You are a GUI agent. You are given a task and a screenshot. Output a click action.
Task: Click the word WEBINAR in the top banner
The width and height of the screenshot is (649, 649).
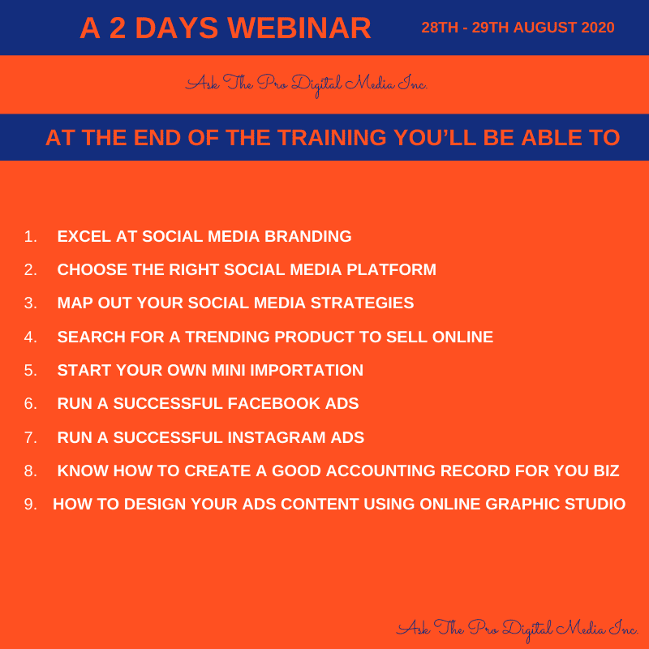pos(299,28)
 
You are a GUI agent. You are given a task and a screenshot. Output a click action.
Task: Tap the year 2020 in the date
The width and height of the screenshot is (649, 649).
pos(598,28)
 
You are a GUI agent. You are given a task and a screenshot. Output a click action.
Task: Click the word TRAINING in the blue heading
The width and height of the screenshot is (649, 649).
pos(332,137)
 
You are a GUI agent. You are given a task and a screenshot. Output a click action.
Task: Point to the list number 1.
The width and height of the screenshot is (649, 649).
pos(30,236)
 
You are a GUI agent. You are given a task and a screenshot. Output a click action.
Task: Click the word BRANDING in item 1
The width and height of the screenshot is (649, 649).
pos(308,236)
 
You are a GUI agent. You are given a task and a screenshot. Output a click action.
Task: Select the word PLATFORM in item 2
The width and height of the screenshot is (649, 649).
pos(391,269)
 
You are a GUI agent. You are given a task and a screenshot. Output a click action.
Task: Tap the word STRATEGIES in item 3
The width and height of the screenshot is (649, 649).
pos(362,303)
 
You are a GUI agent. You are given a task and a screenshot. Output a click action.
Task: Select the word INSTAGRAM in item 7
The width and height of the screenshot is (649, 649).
pos(276,437)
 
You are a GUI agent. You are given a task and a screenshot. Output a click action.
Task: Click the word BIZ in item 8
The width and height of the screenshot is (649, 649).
pos(607,471)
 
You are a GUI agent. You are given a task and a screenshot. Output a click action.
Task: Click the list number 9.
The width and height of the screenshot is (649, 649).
pos(30,504)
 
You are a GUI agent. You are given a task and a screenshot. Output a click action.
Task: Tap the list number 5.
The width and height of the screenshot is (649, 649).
pos(30,370)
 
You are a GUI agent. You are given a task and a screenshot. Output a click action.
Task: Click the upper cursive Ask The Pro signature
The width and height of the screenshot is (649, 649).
pos(307,84)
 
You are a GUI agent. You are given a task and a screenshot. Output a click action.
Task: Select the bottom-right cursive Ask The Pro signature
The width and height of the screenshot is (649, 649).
pos(518,630)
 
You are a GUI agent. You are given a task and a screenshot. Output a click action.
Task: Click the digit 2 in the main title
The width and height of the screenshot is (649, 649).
pos(118,28)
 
